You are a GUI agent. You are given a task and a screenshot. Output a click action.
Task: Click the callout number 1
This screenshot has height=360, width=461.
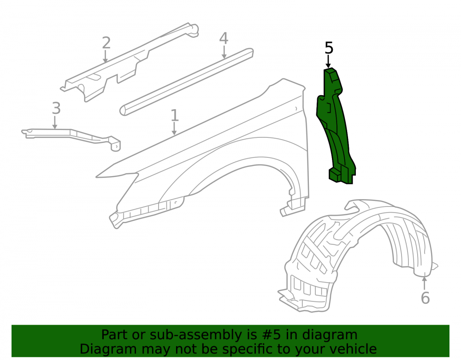[x=175, y=115]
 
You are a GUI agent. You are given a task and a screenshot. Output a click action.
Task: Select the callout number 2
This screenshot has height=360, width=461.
[x=106, y=43]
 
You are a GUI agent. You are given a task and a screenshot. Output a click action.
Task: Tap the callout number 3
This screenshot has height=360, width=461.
[x=56, y=108]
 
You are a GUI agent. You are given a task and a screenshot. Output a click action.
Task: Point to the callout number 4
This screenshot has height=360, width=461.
[x=224, y=39]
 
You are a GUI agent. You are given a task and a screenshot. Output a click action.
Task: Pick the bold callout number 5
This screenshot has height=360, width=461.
[x=329, y=48]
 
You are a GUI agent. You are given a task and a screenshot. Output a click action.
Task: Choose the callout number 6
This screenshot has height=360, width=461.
[x=425, y=298]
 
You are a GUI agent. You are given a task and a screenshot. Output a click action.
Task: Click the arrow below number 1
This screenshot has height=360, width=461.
[x=174, y=129]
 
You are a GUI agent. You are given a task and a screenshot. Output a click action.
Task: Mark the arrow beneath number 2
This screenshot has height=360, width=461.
[x=105, y=56]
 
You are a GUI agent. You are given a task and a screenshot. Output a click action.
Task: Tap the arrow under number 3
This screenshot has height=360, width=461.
[x=55, y=122]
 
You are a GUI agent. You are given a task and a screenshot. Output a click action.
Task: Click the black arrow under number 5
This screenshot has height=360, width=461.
[x=328, y=62]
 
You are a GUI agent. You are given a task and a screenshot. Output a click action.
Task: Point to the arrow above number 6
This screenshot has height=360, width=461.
[x=424, y=283]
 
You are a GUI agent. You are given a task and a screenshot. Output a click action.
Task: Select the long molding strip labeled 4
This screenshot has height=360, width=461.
[x=186, y=82]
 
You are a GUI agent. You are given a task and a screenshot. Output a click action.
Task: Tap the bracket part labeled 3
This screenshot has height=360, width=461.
[x=71, y=139]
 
